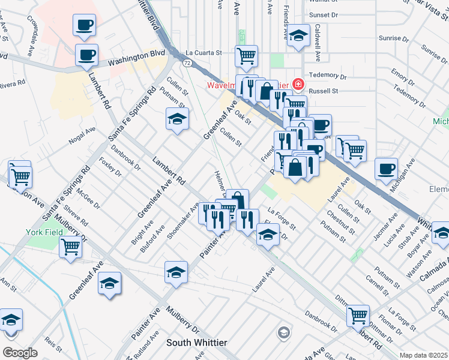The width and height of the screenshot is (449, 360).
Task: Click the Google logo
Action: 20,353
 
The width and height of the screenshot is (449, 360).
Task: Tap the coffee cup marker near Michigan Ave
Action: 386,169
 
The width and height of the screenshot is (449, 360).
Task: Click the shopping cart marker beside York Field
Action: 71,246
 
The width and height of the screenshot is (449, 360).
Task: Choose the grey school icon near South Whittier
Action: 283,332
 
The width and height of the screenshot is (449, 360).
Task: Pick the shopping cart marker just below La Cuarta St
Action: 246,56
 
